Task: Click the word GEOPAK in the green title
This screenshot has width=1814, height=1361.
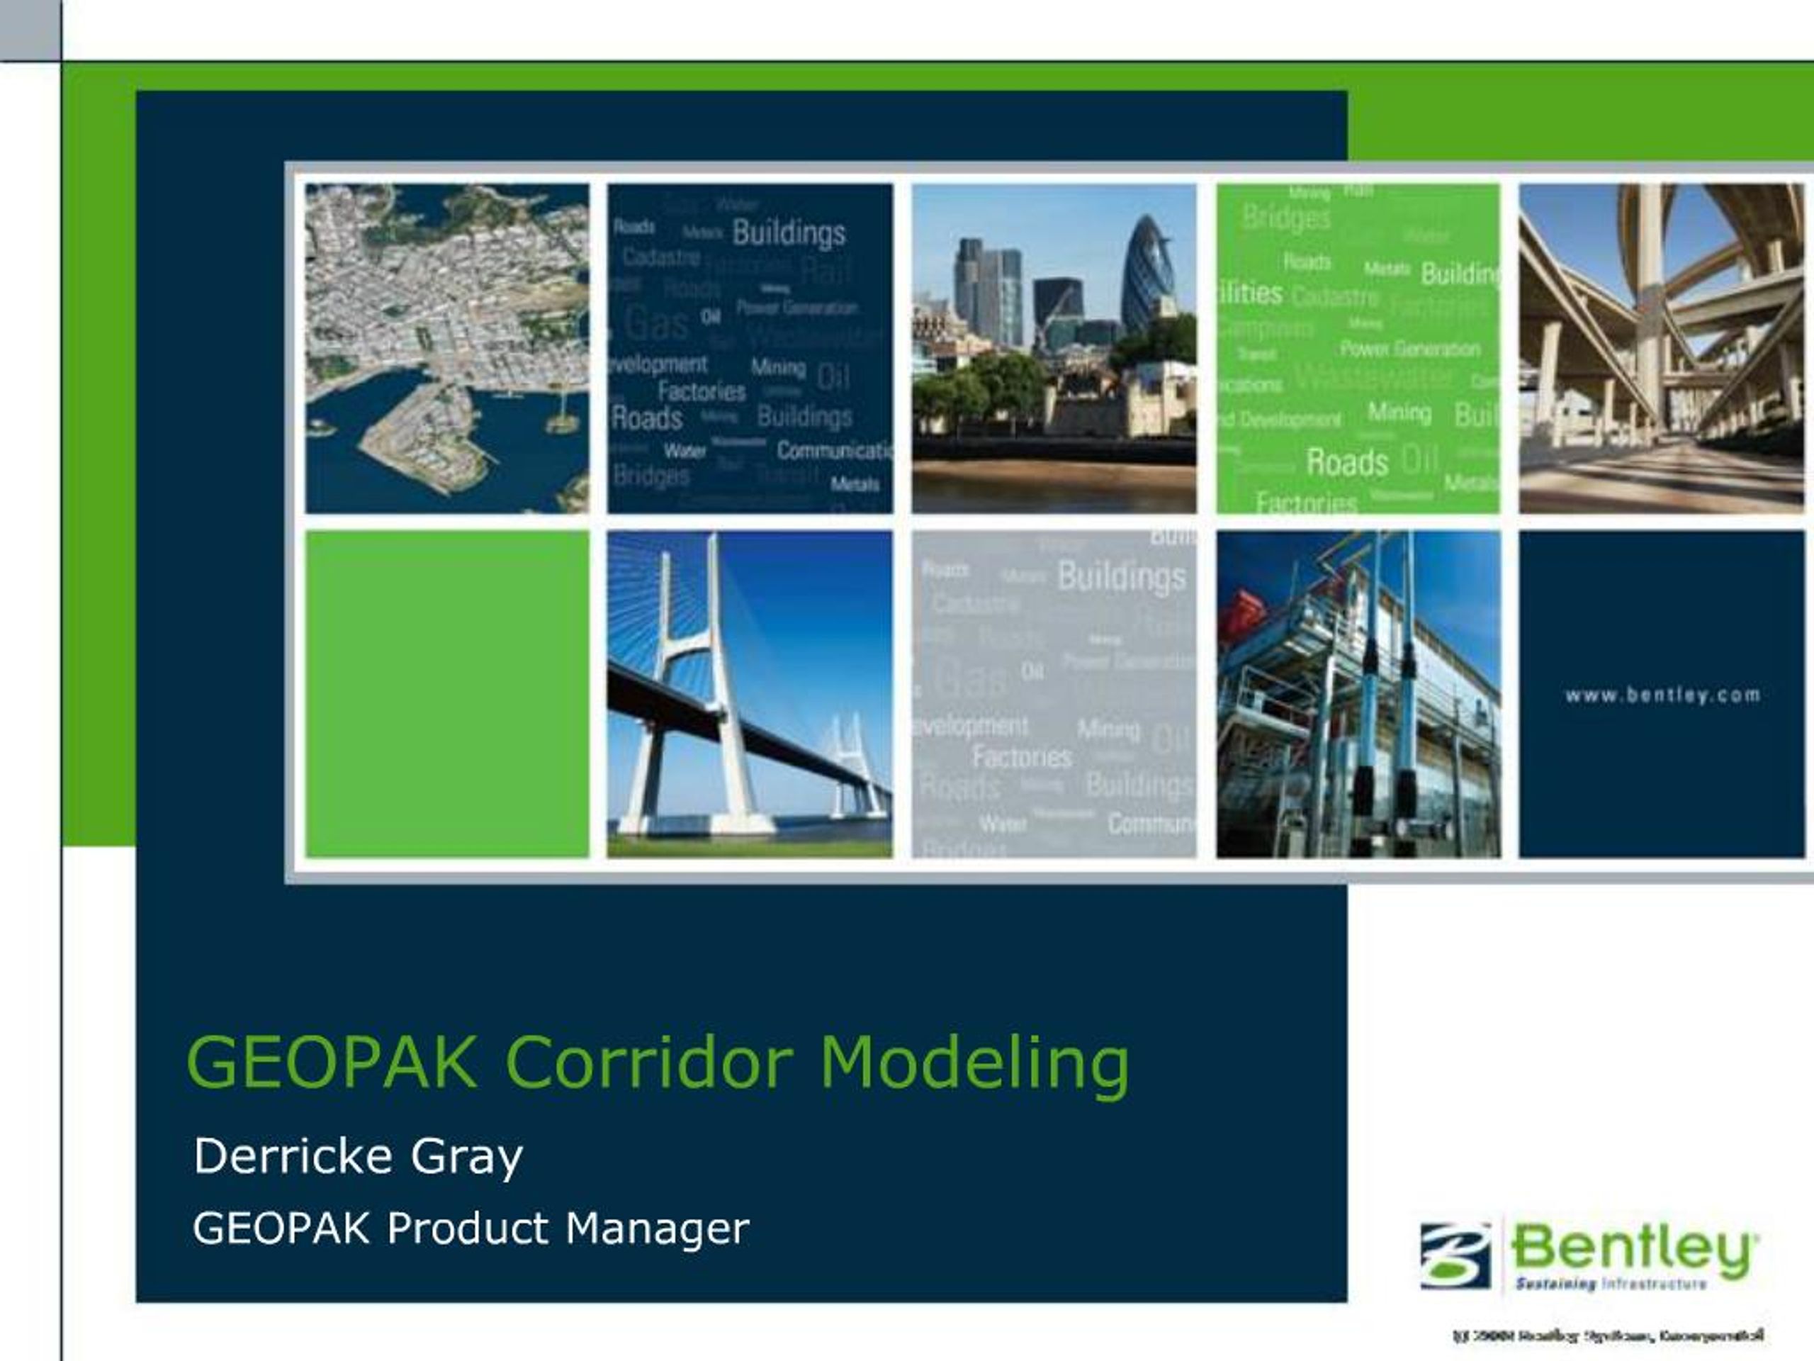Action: [x=332, y=1063]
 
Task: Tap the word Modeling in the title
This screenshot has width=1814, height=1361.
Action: [x=974, y=1064]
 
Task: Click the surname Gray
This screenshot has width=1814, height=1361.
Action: [x=466, y=1158]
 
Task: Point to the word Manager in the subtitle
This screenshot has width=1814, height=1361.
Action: [x=656, y=1229]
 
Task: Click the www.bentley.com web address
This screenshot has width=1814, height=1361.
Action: [x=1662, y=695]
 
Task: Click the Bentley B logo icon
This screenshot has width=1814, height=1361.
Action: [x=1455, y=1255]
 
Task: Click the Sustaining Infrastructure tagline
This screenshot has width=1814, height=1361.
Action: [x=1611, y=1284]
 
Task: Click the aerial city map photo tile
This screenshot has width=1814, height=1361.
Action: [x=447, y=349]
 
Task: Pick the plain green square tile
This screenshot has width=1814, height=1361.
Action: [x=447, y=694]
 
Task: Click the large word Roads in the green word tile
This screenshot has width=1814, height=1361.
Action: [x=1346, y=462]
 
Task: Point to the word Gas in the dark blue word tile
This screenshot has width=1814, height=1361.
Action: [x=655, y=323]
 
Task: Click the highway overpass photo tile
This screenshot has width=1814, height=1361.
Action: [x=1662, y=349]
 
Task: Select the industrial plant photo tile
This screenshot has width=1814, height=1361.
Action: [x=1358, y=694]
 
